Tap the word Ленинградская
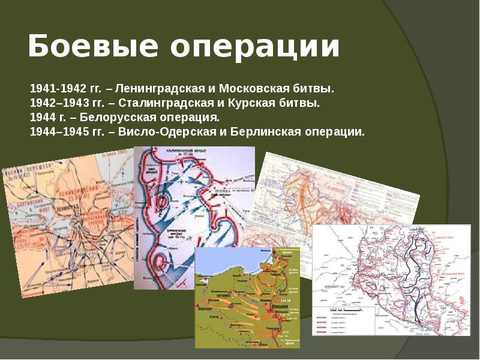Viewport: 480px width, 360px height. click(155, 89)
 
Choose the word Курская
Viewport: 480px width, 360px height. click(251, 103)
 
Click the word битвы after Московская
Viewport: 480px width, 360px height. click(317, 89)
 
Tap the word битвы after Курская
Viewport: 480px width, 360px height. click(300, 103)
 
